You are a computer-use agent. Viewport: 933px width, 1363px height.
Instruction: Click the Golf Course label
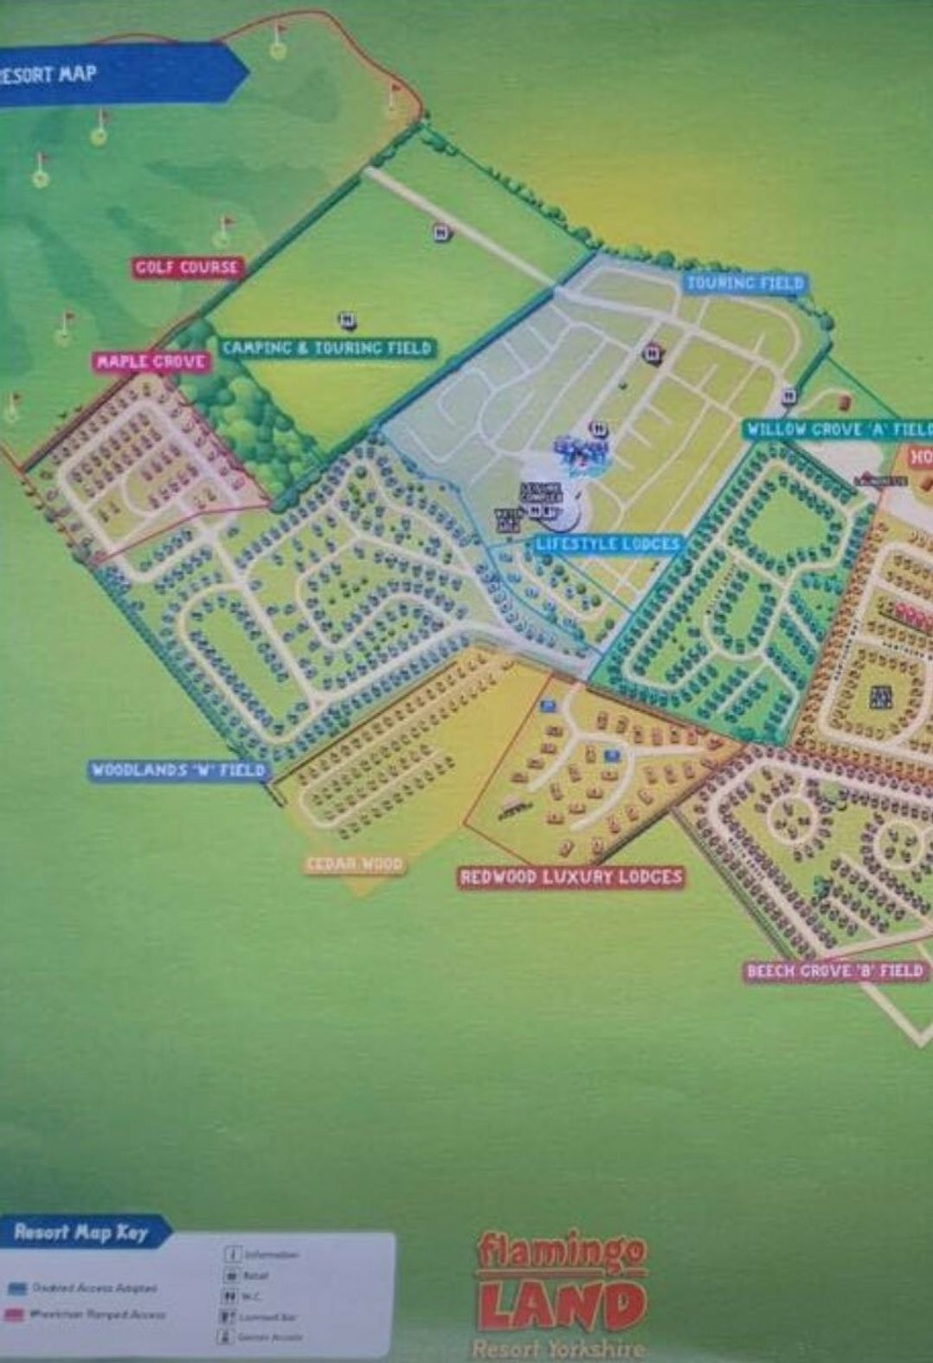click(x=186, y=267)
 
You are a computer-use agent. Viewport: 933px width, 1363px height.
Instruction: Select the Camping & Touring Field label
click(x=326, y=348)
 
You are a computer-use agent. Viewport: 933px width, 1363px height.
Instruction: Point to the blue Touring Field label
click(x=744, y=283)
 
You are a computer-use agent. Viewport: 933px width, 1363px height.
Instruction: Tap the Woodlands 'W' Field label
click(x=178, y=770)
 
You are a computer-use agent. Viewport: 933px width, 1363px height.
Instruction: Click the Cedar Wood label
click(x=355, y=864)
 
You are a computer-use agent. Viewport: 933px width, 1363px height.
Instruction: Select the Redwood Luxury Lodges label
click(x=571, y=878)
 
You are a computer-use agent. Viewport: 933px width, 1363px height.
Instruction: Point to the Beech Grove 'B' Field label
click(x=835, y=971)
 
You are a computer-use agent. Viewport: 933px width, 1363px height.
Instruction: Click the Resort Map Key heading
click(x=80, y=1232)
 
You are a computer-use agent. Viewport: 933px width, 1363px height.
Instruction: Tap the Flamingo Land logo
click(x=561, y=1289)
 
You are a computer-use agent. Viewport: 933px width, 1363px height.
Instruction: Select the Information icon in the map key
click(x=232, y=1254)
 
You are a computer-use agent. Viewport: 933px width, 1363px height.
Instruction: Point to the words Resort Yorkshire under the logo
click(x=558, y=1348)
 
